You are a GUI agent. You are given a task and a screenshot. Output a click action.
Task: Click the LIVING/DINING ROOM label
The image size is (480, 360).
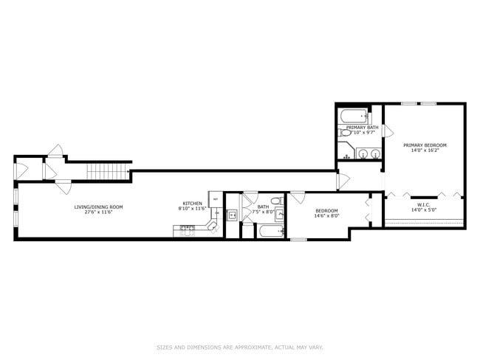click(98, 207)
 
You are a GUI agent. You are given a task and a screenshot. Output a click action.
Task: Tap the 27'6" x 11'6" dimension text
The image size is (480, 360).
click(98, 212)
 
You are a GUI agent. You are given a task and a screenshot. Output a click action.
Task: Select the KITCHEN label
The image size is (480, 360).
click(193, 204)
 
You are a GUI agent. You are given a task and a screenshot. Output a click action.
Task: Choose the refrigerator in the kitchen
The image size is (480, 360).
click(216, 199)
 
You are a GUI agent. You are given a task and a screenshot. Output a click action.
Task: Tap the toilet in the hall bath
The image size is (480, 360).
click(275, 201)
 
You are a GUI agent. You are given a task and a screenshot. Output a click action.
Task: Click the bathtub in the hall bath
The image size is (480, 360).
click(270, 231)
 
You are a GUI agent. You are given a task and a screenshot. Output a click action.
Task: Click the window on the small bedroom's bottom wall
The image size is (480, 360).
click(298, 239)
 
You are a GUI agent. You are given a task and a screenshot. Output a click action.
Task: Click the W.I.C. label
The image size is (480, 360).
click(423, 205)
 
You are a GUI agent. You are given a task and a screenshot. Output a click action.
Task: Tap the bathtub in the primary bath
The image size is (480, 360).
click(353, 116)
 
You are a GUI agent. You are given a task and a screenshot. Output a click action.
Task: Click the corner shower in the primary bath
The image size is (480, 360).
click(346, 151)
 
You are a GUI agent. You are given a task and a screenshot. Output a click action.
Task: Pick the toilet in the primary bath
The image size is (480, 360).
click(346, 133)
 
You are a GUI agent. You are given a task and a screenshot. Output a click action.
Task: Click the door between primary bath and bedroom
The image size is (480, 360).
click(386, 131)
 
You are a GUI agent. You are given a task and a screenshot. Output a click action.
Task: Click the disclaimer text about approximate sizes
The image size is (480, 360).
click(240, 347)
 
